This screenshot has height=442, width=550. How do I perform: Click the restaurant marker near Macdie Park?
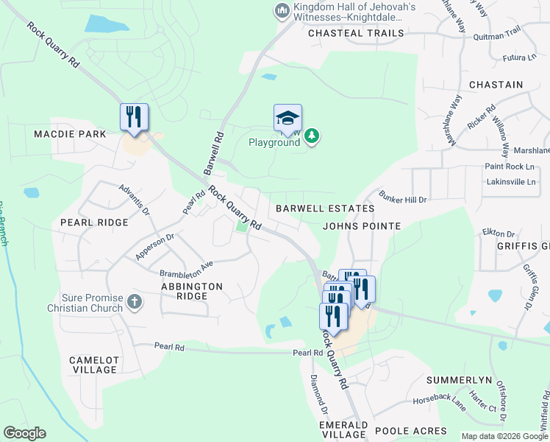point(134,117)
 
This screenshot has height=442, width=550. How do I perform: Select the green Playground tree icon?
point(312,136)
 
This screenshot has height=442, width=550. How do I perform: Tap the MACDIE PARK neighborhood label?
point(70,134)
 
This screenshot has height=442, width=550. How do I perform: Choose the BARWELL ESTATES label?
point(325,208)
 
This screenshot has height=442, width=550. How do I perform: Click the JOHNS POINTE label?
point(362,226)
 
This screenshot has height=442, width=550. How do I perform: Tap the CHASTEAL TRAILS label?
point(356,33)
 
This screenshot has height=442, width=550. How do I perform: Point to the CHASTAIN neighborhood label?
point(496,85)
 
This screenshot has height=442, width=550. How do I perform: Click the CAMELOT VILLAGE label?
point(94,365)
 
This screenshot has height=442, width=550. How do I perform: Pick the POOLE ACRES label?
point(410,430)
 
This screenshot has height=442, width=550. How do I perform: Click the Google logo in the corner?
point(24,433)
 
